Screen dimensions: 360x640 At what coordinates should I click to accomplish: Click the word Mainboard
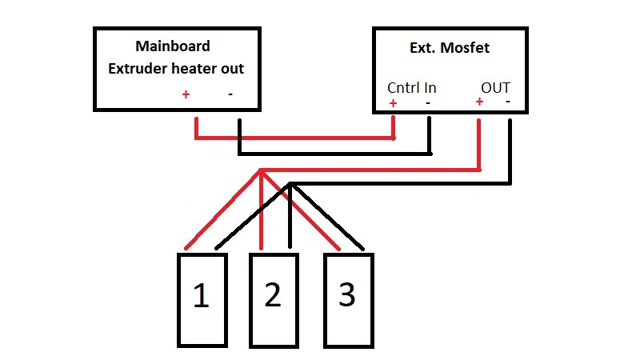pos(173,46)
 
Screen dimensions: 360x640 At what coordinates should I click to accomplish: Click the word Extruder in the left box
pos(138,69)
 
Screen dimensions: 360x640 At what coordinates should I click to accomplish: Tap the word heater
pos(193,69)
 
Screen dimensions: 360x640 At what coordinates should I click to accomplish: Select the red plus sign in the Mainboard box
pos(186,94)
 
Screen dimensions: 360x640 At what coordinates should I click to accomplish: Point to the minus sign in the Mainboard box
pos(230,94)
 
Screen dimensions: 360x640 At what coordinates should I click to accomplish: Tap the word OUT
pos(496,87)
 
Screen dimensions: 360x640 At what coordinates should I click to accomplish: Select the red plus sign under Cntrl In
pos(393,103)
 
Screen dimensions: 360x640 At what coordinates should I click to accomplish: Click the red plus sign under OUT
pos(479,102)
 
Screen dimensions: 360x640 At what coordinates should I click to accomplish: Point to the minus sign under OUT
pos(509,102)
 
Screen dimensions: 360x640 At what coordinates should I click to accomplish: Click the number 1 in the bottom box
pos(201,297)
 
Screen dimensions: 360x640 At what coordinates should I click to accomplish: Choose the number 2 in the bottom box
pos(273,296)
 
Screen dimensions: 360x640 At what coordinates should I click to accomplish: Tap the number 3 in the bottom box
pos(346,296)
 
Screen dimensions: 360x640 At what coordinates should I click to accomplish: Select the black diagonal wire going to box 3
pos(328,215)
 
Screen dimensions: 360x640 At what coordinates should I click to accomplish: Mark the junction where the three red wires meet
pos(262,170)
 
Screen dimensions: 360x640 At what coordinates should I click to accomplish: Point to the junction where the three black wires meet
pos(290,185)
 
